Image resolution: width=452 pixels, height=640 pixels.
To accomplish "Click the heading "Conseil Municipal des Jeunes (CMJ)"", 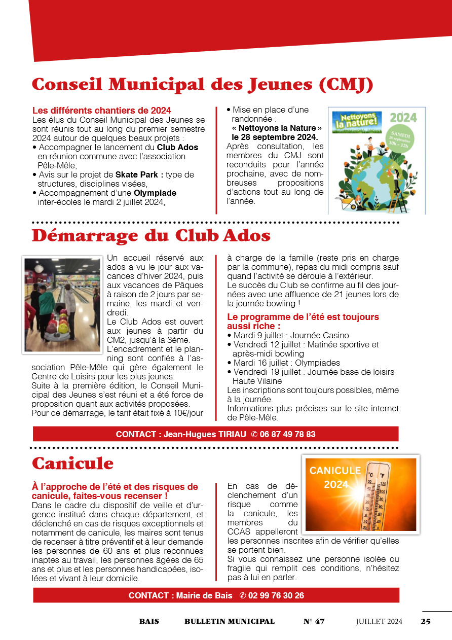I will [x=203, y=85].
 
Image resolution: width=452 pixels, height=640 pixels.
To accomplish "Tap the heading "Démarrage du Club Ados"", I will [x=151, y=236].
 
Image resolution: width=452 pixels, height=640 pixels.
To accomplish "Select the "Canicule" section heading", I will [x=72, y=463].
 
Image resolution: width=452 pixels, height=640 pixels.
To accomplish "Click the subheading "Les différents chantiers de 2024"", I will [x=101, y=110].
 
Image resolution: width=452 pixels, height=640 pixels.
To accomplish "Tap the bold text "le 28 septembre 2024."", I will [x=275, y=137].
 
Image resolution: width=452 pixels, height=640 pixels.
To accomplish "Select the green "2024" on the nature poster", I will [x=403, y=118].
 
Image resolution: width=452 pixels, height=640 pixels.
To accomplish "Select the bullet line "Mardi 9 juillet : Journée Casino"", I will [x=291, y=336].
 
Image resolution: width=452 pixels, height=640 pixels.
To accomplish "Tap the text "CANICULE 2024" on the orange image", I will [x=335, y=477].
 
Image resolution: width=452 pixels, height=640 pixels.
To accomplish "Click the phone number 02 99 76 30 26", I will [x=278, y=595].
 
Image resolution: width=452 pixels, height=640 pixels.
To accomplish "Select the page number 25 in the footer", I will [x=426, y=621].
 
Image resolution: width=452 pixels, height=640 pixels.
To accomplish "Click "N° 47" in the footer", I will [x=314, y=621].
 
